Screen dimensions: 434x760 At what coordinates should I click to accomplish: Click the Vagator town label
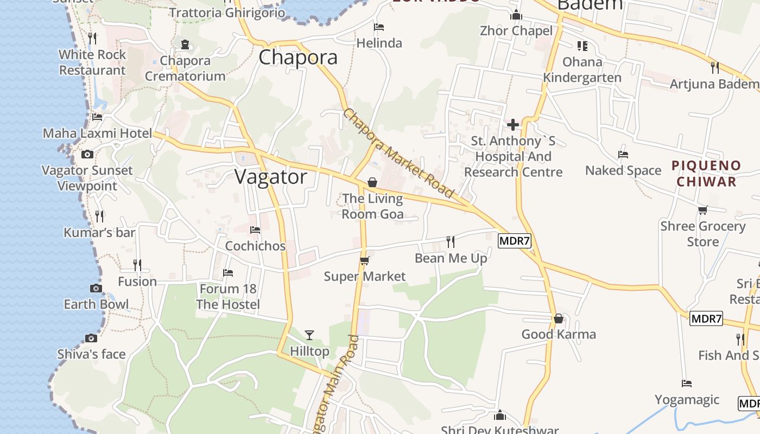[271, 177]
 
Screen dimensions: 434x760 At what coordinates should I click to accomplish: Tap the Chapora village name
[298, 58]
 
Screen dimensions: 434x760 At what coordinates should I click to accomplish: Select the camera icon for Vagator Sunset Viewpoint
[87, 155]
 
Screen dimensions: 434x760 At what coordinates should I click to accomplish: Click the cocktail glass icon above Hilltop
[309, 335]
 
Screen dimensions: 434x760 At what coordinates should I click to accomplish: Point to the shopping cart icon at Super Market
[365, 261]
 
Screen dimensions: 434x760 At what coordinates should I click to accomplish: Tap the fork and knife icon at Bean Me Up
[451, 241]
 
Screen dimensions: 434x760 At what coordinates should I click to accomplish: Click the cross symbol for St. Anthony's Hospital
[513, 125]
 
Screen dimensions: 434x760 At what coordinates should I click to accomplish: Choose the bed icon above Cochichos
[255, 230]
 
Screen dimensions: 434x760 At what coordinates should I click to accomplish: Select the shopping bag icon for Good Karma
[559, 318]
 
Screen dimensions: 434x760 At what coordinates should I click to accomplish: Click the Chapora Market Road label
[399, 154]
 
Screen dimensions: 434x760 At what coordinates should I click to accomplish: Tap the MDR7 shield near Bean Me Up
[514, 240]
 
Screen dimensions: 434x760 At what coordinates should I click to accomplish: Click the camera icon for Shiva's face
[91, 339]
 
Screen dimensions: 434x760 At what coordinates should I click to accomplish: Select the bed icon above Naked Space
[623, 155]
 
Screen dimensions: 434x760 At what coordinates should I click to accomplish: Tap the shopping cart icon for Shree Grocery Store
[703, 210]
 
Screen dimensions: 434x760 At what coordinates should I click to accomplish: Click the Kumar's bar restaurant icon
[99, 216]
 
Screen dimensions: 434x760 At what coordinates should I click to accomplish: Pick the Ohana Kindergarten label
[582, 69]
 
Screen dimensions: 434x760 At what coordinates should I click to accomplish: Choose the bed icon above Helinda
[379, 27]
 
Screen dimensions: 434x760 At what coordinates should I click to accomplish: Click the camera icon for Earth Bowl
[96, 288]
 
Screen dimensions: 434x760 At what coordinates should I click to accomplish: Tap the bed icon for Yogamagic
[687, 384]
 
